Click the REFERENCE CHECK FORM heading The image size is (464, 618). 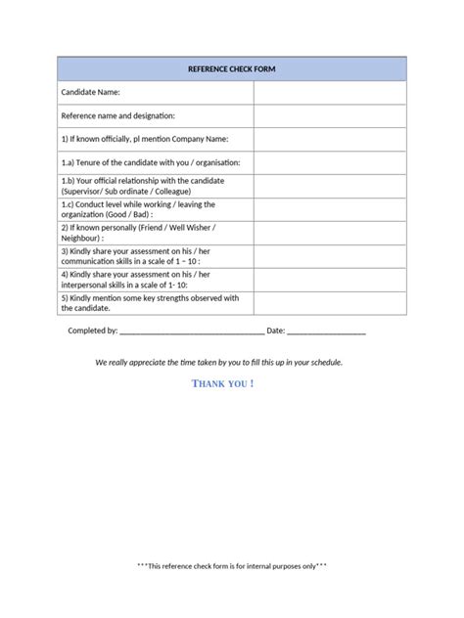tap(231, 69)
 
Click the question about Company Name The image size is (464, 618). tap(144, 139)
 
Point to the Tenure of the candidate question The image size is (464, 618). tap(150, 162)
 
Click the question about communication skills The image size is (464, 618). tap(137, 256)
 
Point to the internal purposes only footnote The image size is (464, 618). tap(231, 565)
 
